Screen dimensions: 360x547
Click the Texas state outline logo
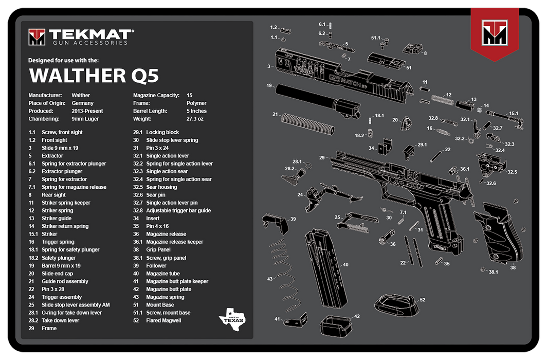232,318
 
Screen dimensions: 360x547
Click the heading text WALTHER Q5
94,75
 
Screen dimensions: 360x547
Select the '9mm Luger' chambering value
85,119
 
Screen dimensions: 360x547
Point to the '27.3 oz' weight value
195,119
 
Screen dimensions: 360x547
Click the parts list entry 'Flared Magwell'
163,320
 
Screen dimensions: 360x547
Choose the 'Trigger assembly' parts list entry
62,297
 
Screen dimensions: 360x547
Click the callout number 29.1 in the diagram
422,145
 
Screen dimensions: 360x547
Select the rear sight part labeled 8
413,49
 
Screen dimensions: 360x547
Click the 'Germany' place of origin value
83,103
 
